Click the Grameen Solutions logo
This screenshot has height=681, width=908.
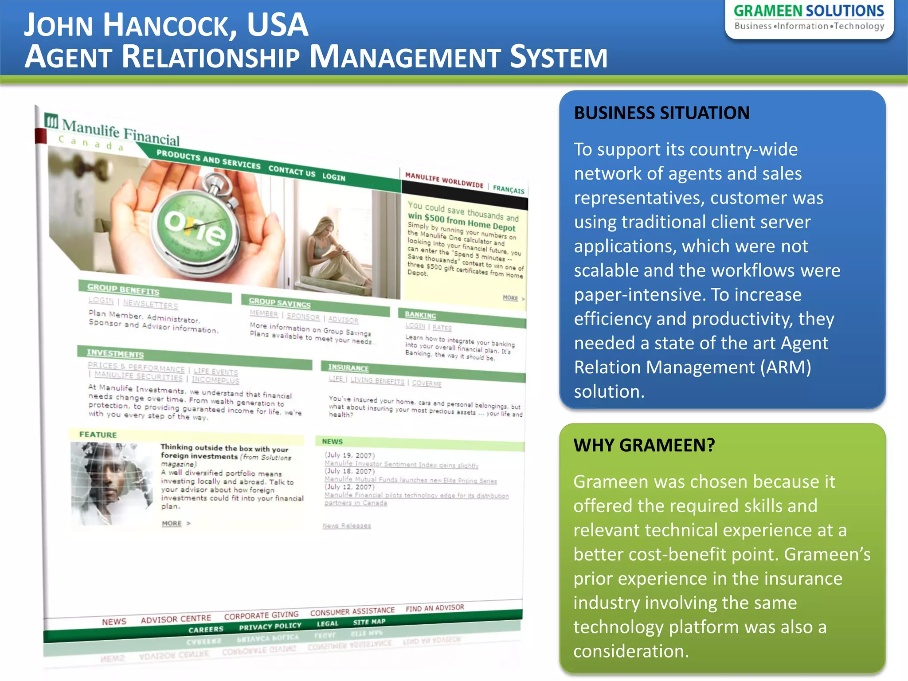pyautogui.click(x=809, y=18)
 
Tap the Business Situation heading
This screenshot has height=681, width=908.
pyautogui.click(x=661, y=113)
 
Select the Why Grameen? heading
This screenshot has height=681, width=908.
pyautogui.click(x=644, y=445)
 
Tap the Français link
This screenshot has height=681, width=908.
pyautogui.click(x=508, y=190)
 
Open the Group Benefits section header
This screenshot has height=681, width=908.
pyautogui.click(x=123, y=290)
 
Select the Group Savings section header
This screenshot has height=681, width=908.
pyautogui.click(x=279, y=303)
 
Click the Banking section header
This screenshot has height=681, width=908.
pyautogui.click(x=420, y=315)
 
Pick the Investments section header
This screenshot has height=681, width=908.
pyautogui.click(x=115, y=354)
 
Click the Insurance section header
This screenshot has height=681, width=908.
pyautogui.click(x=348, y=368)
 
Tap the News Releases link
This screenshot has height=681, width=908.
pyautogui.click(x=347, y=526)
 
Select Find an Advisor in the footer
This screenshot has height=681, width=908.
pyautogui.click(x=434, y=608)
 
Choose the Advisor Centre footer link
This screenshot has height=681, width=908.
pyautogui.click(x=176, y=619)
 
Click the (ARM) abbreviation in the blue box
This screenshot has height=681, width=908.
pyautogui.click(x=786, y=368)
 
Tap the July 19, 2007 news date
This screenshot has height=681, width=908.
pyautogui.click(x=349, y=455)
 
